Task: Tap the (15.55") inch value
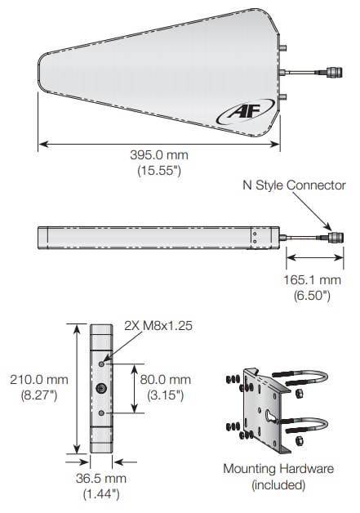tap(159, 171)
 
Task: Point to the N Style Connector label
tap(293, 185)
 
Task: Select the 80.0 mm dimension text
tap(167, 380)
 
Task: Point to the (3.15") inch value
tap(167, 395)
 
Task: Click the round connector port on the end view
tap(101, 388)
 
